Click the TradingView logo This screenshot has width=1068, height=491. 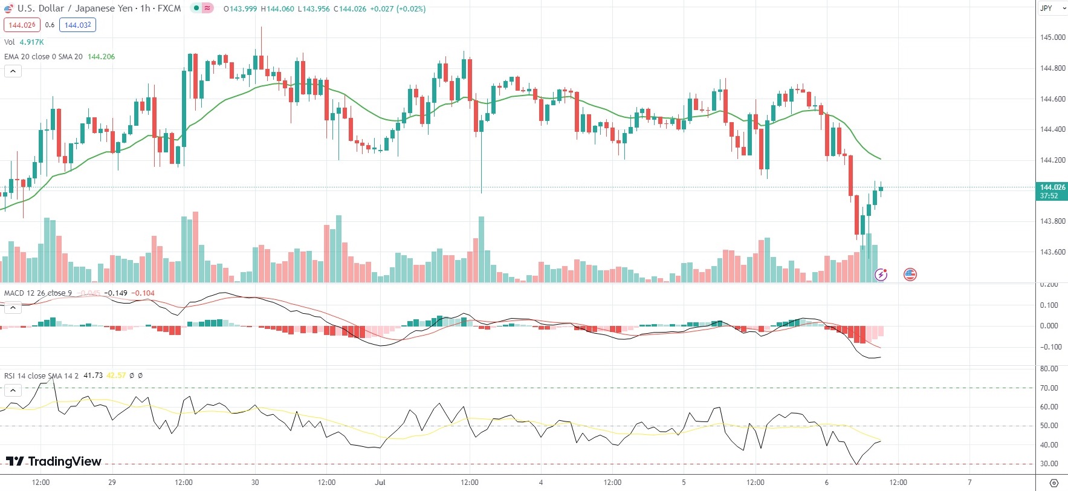(54, 461)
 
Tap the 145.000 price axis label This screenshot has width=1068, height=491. (1052, 37)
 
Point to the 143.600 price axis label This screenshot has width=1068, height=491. (1052, 252)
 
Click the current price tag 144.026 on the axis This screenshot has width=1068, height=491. (1052, 187)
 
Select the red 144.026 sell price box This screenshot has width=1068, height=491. (22, 25)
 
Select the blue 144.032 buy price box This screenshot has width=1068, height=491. (77, 25)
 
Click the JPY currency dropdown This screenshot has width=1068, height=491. (1052, 8)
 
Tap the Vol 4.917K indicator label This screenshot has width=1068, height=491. (24, 42)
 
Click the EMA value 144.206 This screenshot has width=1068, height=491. (101, 57)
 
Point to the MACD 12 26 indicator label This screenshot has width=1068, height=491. (37, 293)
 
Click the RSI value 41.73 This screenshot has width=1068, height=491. (93, 376)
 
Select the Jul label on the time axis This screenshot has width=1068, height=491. (380, 483)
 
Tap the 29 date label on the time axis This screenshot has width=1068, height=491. (112, 483)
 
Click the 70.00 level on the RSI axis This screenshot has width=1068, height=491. (1049, 388)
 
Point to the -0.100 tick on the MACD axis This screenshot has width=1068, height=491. (1050, 347)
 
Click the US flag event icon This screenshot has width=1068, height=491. (910, 275)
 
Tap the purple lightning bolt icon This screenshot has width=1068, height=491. (881, 275)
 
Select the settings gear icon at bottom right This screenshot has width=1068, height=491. (1054, 483)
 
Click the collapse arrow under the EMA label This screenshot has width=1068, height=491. (13, 71)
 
